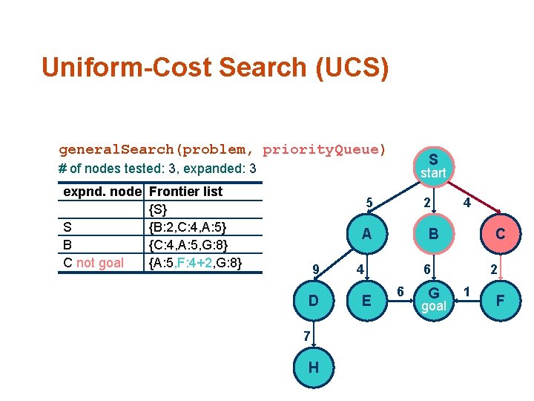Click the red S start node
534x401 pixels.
coord(433,166)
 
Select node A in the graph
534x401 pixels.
coord(366,234)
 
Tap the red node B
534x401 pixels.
coord(433,234)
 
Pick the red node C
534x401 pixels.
coord(501,234)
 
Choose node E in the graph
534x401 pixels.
coord(366,301)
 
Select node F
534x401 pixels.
coord(501,301)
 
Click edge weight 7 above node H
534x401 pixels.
coord(305,336)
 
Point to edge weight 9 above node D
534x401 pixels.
coord(316,268)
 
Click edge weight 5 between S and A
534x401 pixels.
coord(368,203)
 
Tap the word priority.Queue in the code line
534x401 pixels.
coord(324,149)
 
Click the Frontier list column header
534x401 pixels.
coord(185,192)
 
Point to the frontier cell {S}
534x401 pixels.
coord(158,209)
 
